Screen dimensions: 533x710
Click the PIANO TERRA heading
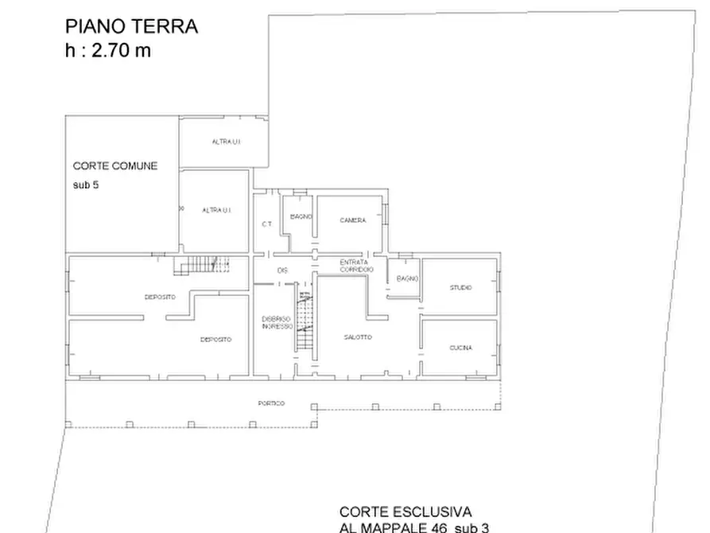pyautogui.click(x=131, y=26)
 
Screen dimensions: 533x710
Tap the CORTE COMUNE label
pyautogui.click(x=115, y=166)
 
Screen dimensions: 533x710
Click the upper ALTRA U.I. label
pyautogui.click(x=226, y=142)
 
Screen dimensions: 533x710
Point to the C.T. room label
pyautogui.click(x=267, y=224)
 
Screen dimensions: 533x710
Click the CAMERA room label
pyautogui.click(x=352, y=220)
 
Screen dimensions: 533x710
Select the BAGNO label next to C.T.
pyautogui.click(x=301, y=216)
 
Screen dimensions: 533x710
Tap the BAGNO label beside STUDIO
pyautogui.click(x=407, y=278)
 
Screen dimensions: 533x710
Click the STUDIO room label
pyautogui.click(x=460, y=288)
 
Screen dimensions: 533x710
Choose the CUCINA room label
pyautogui.click(x=460, y=348)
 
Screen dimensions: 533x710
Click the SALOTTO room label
pyautogui.click(x=358, y=337)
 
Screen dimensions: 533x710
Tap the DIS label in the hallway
pyautogui.click(x=281, y=270)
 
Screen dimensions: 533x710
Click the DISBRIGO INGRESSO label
pyautogui.click(x=277, y=323)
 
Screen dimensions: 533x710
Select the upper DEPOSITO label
pyautogui.click(x=160, y=298)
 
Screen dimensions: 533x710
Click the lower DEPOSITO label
pyautogui.click(x=216, y=340)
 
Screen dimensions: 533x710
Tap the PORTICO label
pyautogui.click(x=271, y=403)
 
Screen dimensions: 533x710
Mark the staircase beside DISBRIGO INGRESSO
pyautogui.click(x=304, y=321)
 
